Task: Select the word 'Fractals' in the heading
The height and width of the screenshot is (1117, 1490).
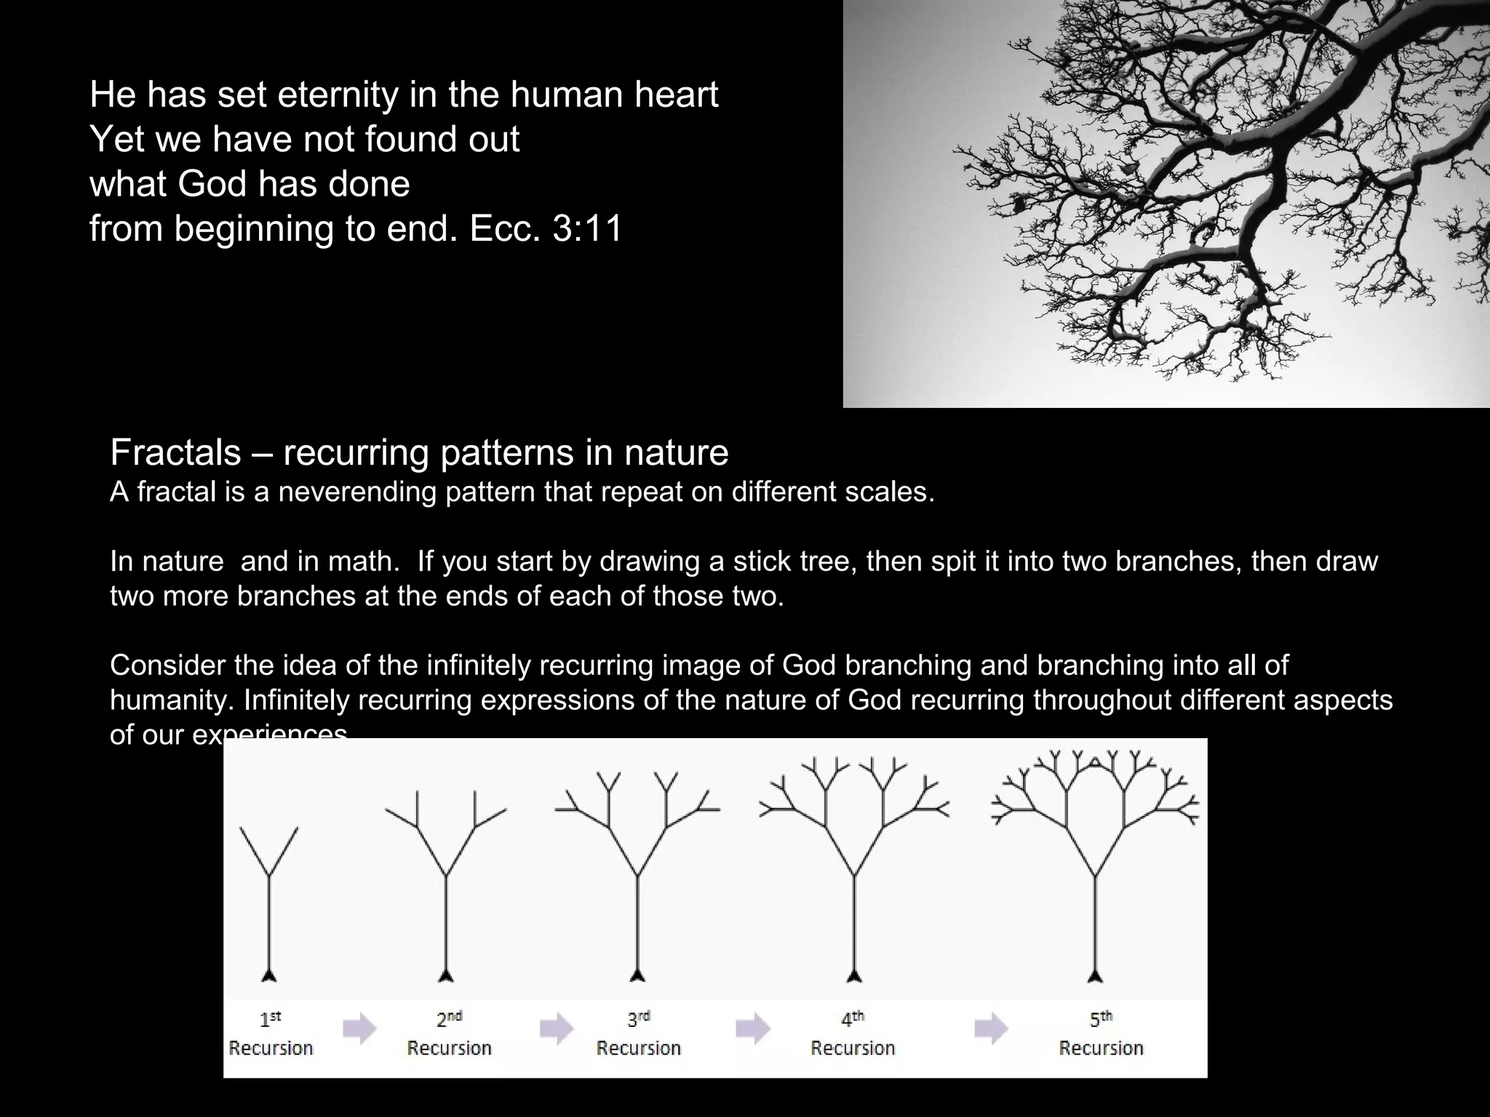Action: tap(175, 452)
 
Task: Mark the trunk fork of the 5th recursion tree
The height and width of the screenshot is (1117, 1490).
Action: tap(1095, 876)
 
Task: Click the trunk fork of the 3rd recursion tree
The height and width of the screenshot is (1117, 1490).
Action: tap(638, 876)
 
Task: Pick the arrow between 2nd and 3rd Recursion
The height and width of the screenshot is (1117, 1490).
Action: tap(557, 1028)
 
